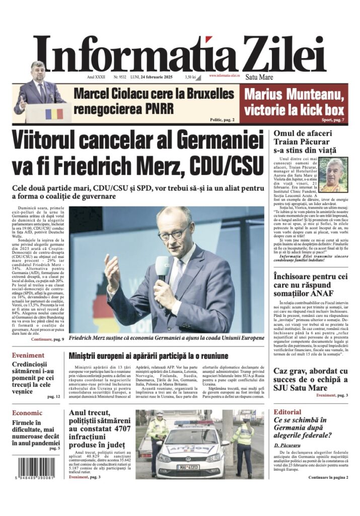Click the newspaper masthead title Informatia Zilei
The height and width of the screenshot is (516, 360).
click(180, 54)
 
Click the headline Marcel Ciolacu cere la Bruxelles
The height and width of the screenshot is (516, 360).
click(153, 94)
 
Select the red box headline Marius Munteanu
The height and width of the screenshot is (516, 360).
click(294, 94)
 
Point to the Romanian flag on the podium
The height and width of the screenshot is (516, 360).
click(54, 114)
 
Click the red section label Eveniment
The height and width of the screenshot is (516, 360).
click(29, 355)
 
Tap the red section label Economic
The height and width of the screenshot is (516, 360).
click(28, 413)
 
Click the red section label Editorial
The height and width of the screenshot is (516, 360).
click(287, 412)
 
